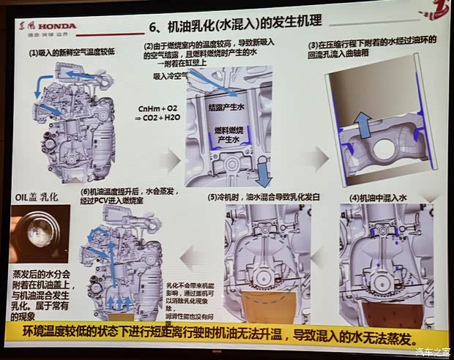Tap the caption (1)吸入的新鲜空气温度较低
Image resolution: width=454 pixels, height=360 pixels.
tap(72, 53)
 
